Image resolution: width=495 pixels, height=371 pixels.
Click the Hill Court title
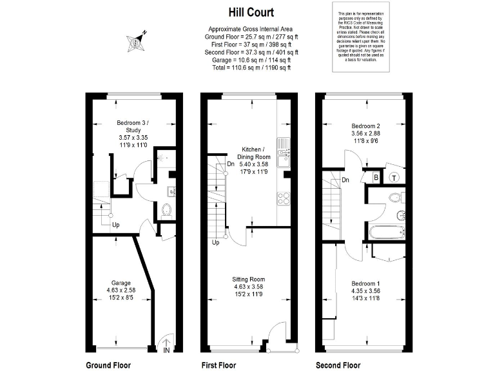pyautogui.click(x=250, y=12)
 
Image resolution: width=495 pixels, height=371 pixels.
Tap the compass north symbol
pyautogui.click(x=137, y=41)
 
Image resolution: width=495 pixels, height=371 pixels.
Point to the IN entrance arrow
pyautogui.click(x=166, y=347)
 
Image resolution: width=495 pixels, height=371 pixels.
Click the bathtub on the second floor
pyautogui.click(x=386, y=232)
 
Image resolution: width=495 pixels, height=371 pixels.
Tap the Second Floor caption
pyautogui.click(x=338, y=365)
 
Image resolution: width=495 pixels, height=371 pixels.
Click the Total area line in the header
pyautogui.click(x=250, y=67)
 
